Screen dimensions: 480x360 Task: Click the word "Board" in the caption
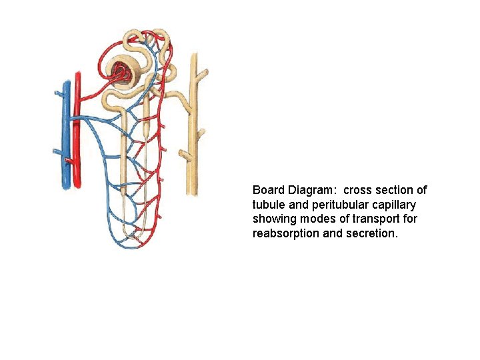(x=268, y=190)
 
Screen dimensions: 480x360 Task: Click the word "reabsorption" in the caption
(x=285, y=234)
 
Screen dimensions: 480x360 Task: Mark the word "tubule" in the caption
(x=269, y=205)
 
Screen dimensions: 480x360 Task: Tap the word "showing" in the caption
(x=273, y=219)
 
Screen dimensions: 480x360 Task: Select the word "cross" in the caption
(x=359, y=190)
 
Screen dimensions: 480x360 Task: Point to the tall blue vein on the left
(x=65, y=133)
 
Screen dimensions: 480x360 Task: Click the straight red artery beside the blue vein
(x=77, y=127)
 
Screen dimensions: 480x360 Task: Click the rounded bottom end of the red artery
(x=78, y=183)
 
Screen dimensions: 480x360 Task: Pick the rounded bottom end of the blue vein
(x=66, y=186)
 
